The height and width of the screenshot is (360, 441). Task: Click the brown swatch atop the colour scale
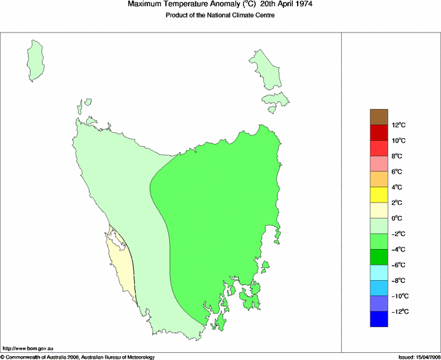[x=379, y=117]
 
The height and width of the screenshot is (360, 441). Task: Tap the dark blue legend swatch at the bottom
[x=379, y=319]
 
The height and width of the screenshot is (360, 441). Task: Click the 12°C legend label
[x=399, y=125]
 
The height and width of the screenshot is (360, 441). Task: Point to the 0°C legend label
[x=398, y=219]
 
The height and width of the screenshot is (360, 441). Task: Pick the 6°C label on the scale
[x=398, y=172]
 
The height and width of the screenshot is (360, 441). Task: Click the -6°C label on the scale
[x=398, y=265]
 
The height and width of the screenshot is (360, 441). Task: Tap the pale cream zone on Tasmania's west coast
[x=121, y=259]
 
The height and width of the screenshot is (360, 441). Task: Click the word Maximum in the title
[x=146, y=5]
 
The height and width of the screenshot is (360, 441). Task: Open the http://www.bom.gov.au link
[x=29, y=349]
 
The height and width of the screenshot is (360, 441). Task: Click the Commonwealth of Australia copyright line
[x=78, y=357]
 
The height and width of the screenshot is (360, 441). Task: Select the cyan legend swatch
[x=379, y=272]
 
